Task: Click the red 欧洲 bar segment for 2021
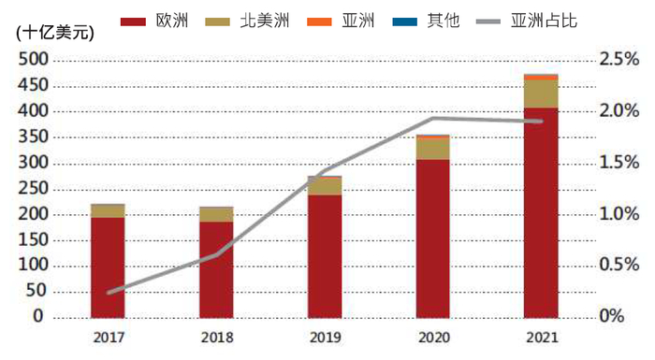pyautogui.click(x=541, y=212)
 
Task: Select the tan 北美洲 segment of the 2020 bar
pyautogui.click(x=432, y=148)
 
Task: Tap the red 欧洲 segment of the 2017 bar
pyautogui.click(x=108, y=267)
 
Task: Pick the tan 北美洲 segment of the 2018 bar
pyautogui.click(x=216, y=215)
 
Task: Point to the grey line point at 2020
pyautogui.click(x=432, y=119)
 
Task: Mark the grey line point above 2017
pyautogui.click(x=109, y=293)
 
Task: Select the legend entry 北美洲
pyautogui.click(x=260, y=20)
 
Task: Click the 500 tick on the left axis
pyautogui.click(x=30, y=60)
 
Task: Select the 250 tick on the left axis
pyautogui.click(x=30, y=189)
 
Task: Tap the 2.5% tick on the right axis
pyautogui.click(x=619, y=60)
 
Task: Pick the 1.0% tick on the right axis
pyautogui.click(x=619, y=214)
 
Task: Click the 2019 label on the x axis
pyautogui.click(x=325, y=338)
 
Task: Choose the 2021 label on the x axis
pyautogui.click(x=541, y=338)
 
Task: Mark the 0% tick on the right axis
pyautogui.click(x=610, y=317)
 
